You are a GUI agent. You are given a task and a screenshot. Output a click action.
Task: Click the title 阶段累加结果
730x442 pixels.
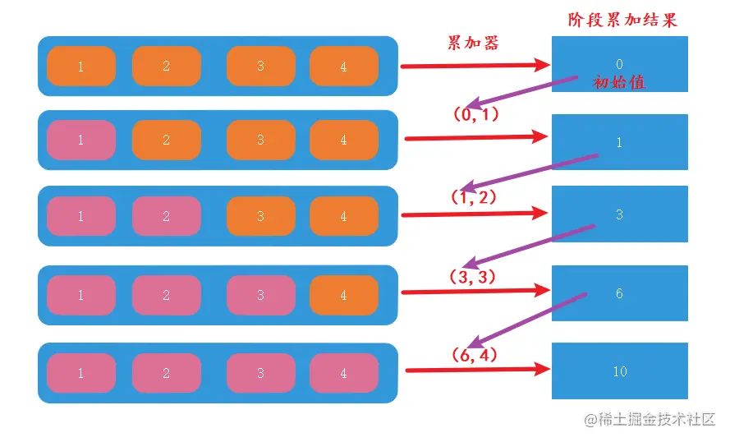(x=622, y=20)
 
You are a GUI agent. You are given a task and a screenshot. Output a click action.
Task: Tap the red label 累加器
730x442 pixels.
(x=473, y=43)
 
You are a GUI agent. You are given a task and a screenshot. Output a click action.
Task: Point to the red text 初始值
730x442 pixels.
(x=619, y=82)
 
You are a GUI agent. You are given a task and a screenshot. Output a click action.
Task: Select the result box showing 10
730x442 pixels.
(x=620, y=371)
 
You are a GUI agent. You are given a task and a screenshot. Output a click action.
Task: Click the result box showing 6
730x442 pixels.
(x=620, y=293)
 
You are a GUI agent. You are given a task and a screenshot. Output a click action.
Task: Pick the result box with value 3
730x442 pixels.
(x=620, y=214)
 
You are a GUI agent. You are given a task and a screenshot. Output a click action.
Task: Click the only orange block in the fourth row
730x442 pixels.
(x=344, y=295)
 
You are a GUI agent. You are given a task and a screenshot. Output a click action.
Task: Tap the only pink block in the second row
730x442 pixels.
(x=81, y=140)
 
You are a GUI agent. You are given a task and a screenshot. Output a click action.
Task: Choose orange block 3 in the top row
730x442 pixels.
(x=261, y=67)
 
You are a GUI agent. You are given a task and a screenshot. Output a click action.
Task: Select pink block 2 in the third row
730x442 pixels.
(x=166, y=215)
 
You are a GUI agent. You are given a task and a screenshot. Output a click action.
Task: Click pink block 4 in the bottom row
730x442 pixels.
(x=344, y=373)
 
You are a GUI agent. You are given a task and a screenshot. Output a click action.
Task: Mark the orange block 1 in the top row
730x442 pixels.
(x=81, y=67)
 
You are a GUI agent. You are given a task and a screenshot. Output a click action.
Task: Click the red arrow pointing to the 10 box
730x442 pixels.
(x=478, y=370)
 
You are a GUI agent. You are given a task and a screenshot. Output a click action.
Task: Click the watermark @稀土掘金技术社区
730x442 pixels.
(x=650, y=419)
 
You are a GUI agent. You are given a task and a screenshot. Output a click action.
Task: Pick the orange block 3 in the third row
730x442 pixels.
(x=261, y=215)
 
